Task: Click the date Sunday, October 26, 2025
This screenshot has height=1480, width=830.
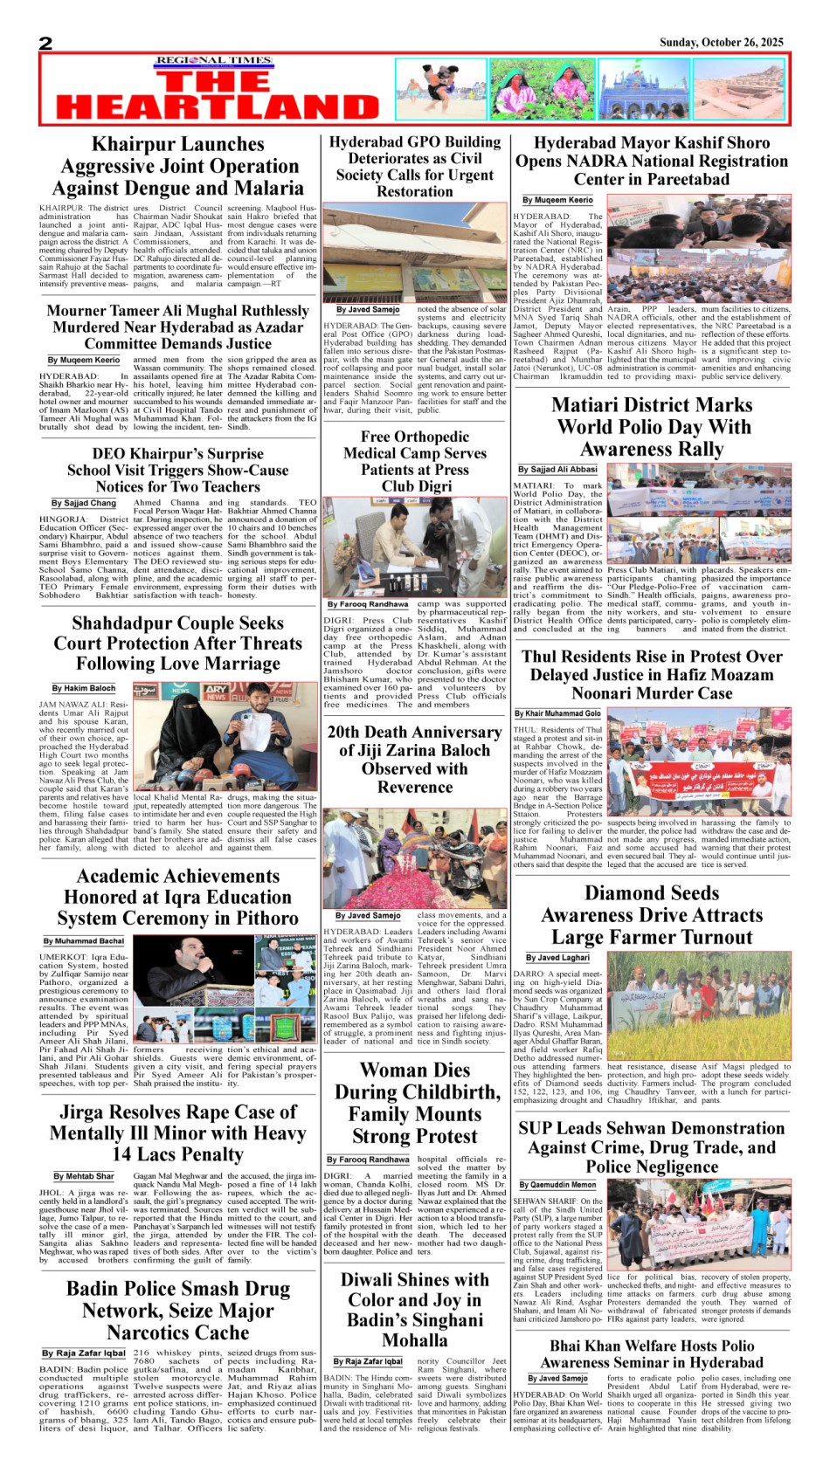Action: tap(721, 42)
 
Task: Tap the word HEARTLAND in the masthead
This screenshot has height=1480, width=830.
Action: tap(218, 107)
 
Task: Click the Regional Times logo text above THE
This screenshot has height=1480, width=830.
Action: tap(214, 61)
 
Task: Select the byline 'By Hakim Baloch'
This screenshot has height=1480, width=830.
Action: tap(83, 688)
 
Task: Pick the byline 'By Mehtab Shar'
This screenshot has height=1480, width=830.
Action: tap(84, 1176)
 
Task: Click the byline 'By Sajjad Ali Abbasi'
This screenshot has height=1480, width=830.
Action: tap(557, 470)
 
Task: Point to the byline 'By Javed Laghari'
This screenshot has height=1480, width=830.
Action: tap(557, 958)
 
